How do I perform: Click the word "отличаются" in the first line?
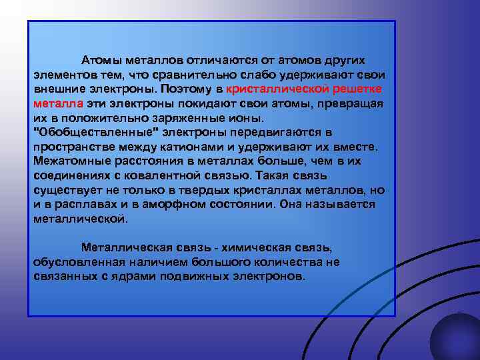215,61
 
